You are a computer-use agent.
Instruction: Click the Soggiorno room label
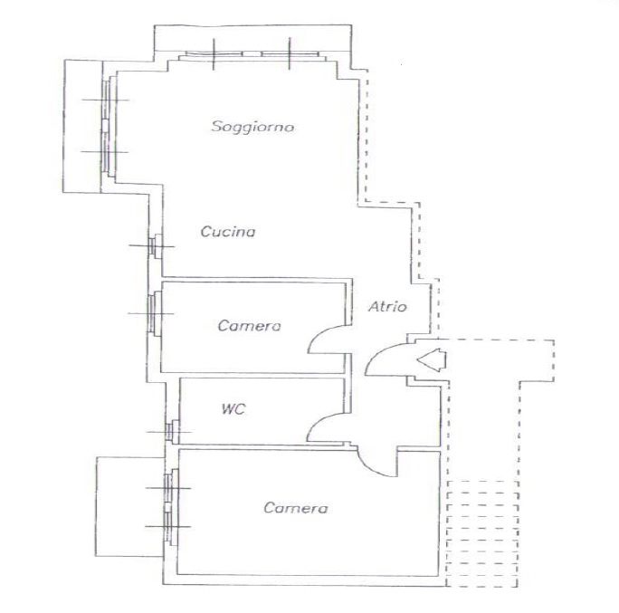(252, 127)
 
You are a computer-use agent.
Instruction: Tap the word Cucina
(228, 232)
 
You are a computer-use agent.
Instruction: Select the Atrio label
(387, 306)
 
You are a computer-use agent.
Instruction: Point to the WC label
(233, 408)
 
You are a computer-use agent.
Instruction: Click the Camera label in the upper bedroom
(249, 326)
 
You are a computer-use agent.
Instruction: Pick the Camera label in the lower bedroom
(296, 508)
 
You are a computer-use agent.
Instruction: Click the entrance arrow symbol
(432, 359)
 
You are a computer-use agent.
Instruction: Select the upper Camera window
(155, 313)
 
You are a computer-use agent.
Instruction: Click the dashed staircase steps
(482, 533)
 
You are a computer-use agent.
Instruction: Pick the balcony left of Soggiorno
(82, 126)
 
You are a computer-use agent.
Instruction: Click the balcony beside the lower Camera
(130, 506)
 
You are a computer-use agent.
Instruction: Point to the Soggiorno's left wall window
(109, 126)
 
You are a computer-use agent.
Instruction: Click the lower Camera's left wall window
(171, 507)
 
